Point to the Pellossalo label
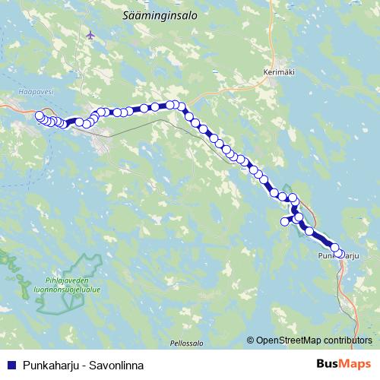(187, 343)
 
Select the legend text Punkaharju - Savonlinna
(83, 365)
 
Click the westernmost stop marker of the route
(39, 116)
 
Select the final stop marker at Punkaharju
(340, 254)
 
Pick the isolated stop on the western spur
(286, 221)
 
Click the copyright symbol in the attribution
(251, 340)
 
